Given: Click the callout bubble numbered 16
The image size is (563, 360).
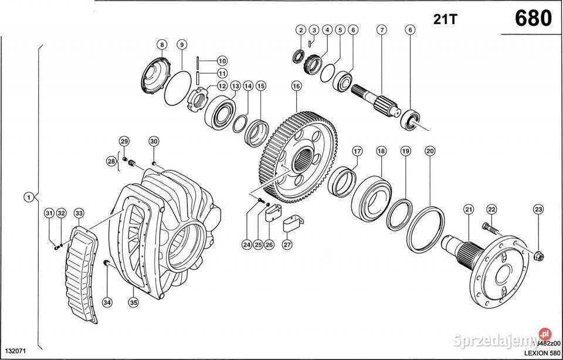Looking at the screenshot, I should (296, 86).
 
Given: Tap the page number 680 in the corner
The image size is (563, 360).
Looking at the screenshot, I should (533, 19).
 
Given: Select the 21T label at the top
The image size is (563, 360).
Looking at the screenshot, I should (445, 19).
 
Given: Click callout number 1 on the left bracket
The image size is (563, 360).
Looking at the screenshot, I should (28, 197).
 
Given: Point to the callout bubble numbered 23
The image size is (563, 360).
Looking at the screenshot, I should (538, 210).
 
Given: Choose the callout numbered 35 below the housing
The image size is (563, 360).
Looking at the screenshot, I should (133, 303).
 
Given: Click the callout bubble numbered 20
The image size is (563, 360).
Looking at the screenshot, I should (430, 151).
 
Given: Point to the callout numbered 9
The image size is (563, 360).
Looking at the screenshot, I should (182, 45).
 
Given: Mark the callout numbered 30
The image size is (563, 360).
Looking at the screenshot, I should (154, 141).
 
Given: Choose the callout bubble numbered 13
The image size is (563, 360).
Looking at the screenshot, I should (235, 86).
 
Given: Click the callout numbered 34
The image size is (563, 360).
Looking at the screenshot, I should (106, 303).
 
